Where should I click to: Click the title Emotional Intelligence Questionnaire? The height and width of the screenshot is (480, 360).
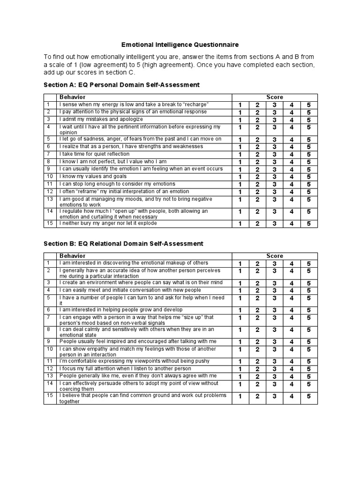pyautogui.click(x=180, y=45)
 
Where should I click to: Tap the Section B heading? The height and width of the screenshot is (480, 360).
pyautogui.click(x=123, y=243)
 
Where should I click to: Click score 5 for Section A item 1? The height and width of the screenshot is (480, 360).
pyautogui.click(x=308, y=105)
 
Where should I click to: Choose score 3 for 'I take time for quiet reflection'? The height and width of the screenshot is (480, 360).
pyautogui.click(x=274, y=155)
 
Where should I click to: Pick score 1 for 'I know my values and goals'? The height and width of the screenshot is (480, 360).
pyautogui.click(x=240, y=177)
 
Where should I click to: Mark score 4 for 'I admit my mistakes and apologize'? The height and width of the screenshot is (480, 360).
pyautogui.click(x=292, y=120)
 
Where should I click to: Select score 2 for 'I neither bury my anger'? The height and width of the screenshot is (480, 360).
pyautogui.click(x=257, y=224)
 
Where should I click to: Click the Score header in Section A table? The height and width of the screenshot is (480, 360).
pyautogui.click(x=275, y=97)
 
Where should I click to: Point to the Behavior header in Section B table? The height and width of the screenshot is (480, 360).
pyautogui.click(x=72, y=255)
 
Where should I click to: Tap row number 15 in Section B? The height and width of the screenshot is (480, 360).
pyautogui.click(x=49, y=395)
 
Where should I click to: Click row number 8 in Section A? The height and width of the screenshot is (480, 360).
pyautogui.click(x=48, y=161)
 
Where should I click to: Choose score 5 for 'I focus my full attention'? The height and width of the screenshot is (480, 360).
pyautogui.click(x=308, y=369)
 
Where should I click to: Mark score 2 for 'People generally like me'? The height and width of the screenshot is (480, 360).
pyautogui.click(x=257, y=377)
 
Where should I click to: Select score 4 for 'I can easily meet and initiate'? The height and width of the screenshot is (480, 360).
pyautogui.click(x=292, y=291)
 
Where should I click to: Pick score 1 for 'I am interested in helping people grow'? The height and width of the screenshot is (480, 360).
pyautogui.click(x=240, y=310)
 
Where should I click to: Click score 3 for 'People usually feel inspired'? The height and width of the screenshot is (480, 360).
pyautogui.click(x=274, y=342)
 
